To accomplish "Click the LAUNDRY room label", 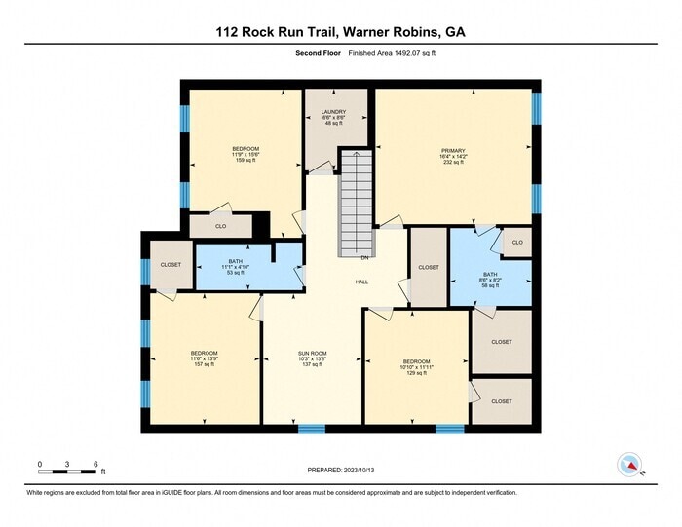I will pyautogui.click(x=333, y=112).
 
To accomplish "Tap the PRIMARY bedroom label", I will pyautogui.click(x=453, y=149).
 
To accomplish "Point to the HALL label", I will pyautogui.click(x=360, y=281).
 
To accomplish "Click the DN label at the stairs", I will pyautogui.click(x=364, y=258).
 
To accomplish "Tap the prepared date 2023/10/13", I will pyautogui.click(x=340, y=469).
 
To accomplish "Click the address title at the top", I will pyautogui.click(x=340, y=32).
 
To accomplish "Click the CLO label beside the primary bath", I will pyautogui.click(x=517, y=242).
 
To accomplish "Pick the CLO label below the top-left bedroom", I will pyautogui.click(x=220, y=226).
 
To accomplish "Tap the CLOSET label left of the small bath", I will pyautogui.click(x=170, y=265).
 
